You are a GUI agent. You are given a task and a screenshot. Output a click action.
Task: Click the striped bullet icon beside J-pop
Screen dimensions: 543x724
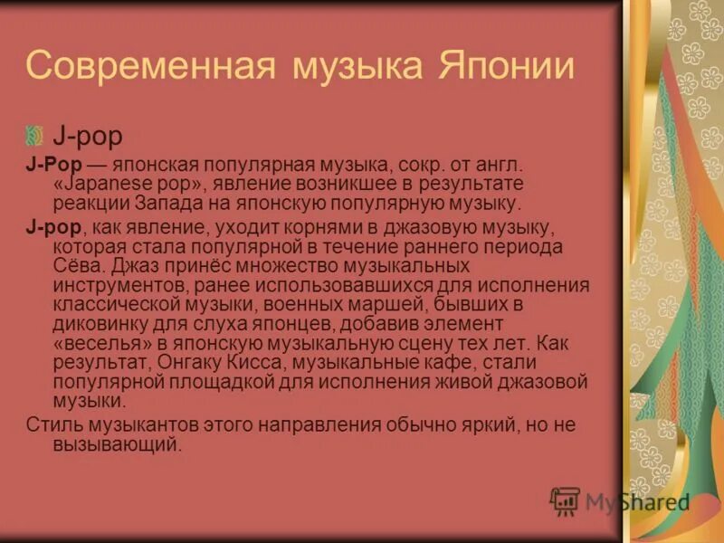(x=35, y=137)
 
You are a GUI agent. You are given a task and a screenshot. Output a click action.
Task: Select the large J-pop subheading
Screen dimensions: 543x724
(x=87, y=137)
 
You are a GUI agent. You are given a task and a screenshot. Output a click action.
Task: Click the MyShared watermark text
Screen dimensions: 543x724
(x=637, y=501)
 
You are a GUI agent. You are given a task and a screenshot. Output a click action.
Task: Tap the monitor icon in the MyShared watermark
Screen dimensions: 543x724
(x=566, y=500)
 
